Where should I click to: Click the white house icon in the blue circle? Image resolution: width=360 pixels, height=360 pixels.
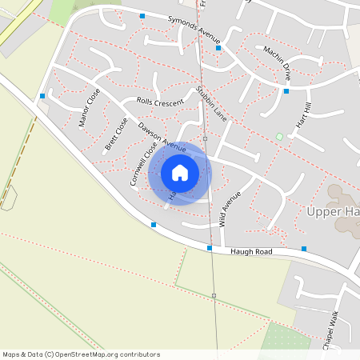coord(180,172)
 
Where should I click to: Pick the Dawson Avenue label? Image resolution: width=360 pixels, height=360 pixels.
coord(162,138)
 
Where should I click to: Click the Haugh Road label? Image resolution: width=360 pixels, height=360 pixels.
coord(251,252)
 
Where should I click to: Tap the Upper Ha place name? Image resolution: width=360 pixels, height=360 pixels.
coord(333,212)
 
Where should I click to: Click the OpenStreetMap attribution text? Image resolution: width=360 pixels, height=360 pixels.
coord(81,354)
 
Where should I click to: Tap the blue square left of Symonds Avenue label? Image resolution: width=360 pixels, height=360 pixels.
coord(142,16)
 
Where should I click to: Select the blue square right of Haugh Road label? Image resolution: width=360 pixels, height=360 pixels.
coord(304,249)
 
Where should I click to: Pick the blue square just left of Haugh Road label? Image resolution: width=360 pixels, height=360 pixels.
coord(210,249)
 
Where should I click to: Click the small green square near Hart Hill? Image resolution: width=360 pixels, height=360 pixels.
coord(279,136)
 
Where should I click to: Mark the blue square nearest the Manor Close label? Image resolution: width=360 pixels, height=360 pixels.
coord(42,96)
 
